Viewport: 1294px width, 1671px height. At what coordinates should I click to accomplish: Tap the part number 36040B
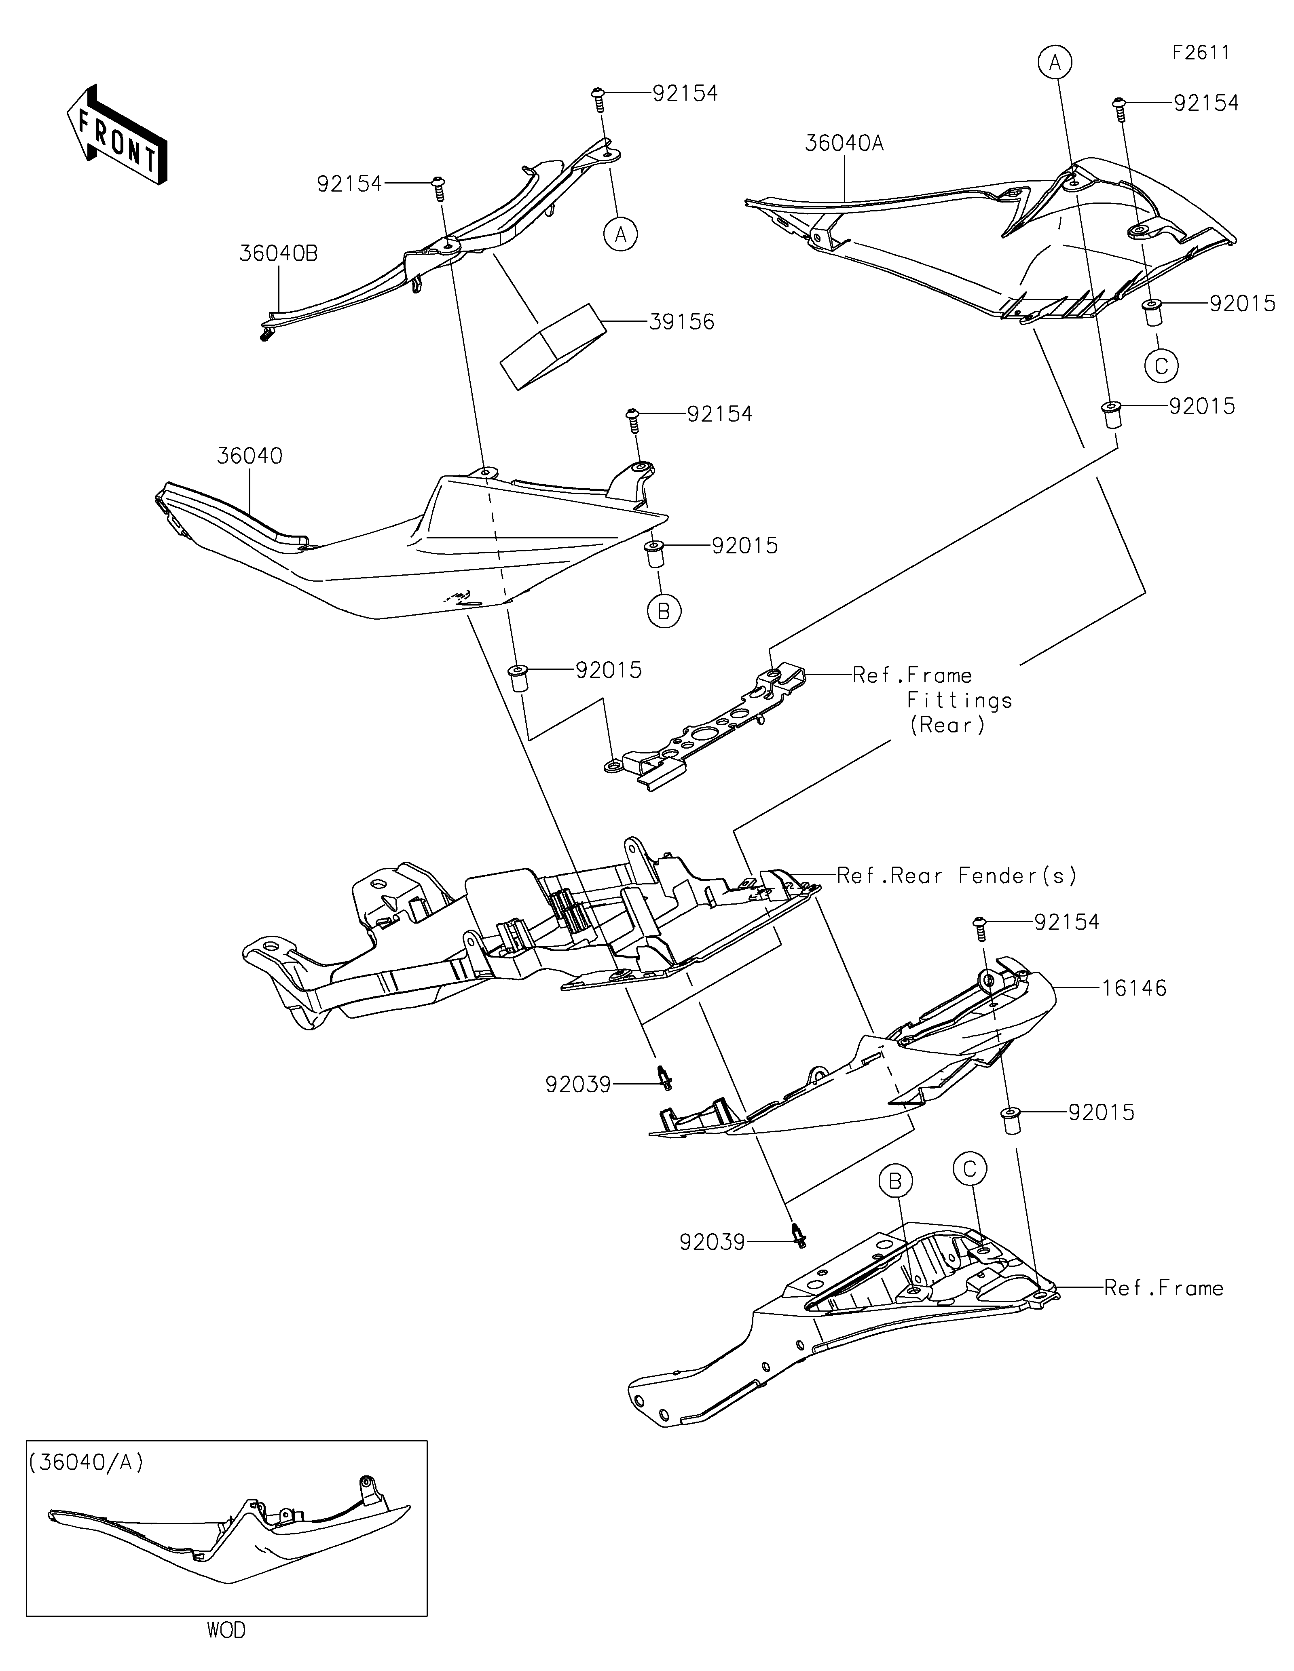[x=278, y=253]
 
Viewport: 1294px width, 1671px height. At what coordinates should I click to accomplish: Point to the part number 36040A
[x=844, y=143]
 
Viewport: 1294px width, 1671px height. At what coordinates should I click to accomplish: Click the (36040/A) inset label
[x=87, y=1462]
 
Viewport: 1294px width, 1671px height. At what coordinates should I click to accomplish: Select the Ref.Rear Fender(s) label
[x=956, y=875]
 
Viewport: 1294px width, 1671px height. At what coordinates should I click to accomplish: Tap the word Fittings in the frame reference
[x=960, y=700]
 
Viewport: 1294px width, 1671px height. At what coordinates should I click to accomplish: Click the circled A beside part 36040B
[x=621, y=234]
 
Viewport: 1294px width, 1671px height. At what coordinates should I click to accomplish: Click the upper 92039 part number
[x=579, y=1084]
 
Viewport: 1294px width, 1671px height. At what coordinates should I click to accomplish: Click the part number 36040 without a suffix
[x=250, y=456]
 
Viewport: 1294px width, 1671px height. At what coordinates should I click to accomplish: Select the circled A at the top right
[x=1055, y=63]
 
